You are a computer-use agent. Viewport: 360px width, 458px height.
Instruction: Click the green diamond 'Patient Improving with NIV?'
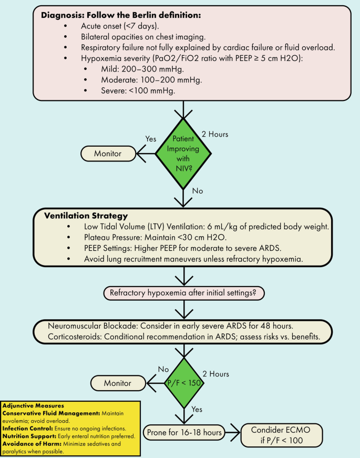[183, 154]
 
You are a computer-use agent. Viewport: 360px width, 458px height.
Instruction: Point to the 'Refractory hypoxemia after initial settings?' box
[184, 293]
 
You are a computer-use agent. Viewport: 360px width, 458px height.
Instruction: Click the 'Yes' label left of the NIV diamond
[151, 139]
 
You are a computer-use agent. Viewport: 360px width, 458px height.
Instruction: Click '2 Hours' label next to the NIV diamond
[214, 134]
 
